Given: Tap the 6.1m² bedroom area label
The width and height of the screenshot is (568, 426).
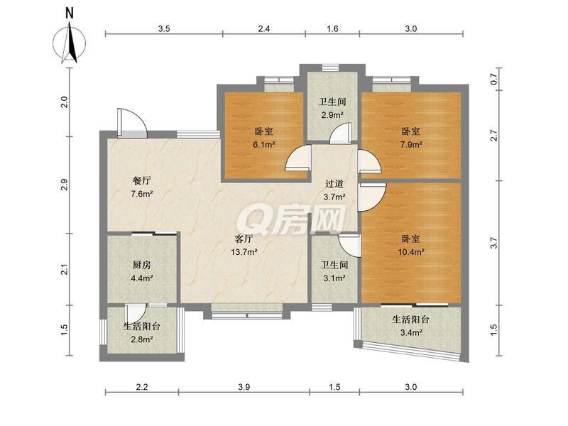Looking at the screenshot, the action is tap(264, 145).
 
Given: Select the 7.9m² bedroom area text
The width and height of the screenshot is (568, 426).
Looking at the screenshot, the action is tap(411, 145).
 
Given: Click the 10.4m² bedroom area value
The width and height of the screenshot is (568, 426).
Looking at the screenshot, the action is tap(411, 252).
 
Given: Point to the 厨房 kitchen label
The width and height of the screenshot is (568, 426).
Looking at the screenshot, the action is tap(141, 265).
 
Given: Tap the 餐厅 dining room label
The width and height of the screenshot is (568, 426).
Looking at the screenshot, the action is tap(141, 180).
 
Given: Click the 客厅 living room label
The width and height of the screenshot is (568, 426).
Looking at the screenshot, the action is tap(244, 239).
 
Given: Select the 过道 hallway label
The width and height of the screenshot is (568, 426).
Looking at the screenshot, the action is tap(334, 184).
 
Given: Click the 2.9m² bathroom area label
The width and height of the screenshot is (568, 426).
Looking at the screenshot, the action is tap(332, 115).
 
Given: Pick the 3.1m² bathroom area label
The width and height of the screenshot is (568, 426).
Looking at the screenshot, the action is tap(334, 278).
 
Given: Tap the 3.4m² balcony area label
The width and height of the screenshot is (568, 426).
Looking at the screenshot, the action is tap(411, 332).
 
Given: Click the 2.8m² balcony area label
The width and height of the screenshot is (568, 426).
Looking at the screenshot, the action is tap(141, 339).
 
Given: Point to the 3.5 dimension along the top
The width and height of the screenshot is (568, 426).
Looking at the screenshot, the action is tap(164, 29).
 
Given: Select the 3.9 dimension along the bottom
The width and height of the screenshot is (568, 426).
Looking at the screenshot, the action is tap(244, 387).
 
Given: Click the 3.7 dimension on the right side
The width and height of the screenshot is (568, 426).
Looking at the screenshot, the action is tap(493, 243).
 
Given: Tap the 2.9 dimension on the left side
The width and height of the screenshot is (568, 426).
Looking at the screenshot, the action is tap(65, 185).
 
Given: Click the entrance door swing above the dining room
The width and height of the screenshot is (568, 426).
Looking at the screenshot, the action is tap(132, 123).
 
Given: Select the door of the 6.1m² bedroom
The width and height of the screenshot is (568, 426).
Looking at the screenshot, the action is tap(298, 158).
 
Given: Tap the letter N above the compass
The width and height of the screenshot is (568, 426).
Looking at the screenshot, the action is tap(69, 13).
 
